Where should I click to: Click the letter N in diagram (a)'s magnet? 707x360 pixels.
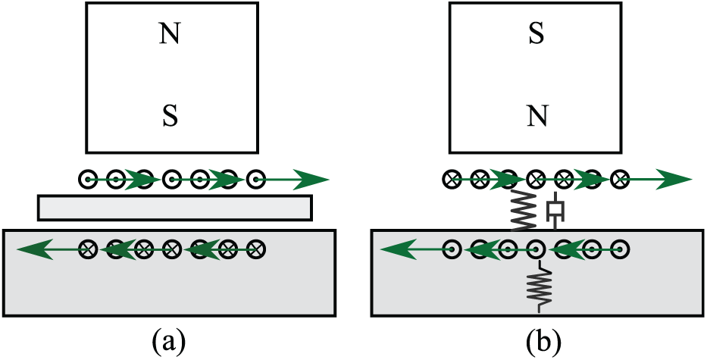click(170, 35)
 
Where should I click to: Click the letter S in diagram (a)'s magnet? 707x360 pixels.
click(170, 117)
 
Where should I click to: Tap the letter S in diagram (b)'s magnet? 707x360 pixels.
click(535, 35)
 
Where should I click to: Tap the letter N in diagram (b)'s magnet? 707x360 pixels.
click(537, 117)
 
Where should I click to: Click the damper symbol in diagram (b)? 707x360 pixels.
click(555, 210)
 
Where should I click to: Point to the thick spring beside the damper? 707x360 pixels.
click(524, 209)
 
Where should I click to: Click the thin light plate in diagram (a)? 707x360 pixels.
click(174, 208)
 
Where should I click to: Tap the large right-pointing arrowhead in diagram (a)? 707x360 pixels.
click(312, 180)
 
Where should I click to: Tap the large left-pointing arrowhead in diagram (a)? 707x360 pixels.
click(36, 249)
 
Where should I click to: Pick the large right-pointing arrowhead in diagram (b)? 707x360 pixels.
click(674, 180)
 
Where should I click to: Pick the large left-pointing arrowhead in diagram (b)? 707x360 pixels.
click(399, 249)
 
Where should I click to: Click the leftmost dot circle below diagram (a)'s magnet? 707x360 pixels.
click(87, 180)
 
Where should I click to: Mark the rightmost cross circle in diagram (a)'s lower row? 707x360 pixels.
click(256, 249)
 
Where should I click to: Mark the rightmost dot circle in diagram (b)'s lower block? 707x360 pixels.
click(620, 249)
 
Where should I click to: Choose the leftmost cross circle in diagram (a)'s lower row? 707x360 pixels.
click(87, 249)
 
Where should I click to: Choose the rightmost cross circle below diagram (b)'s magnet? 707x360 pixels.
click(620, 180)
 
